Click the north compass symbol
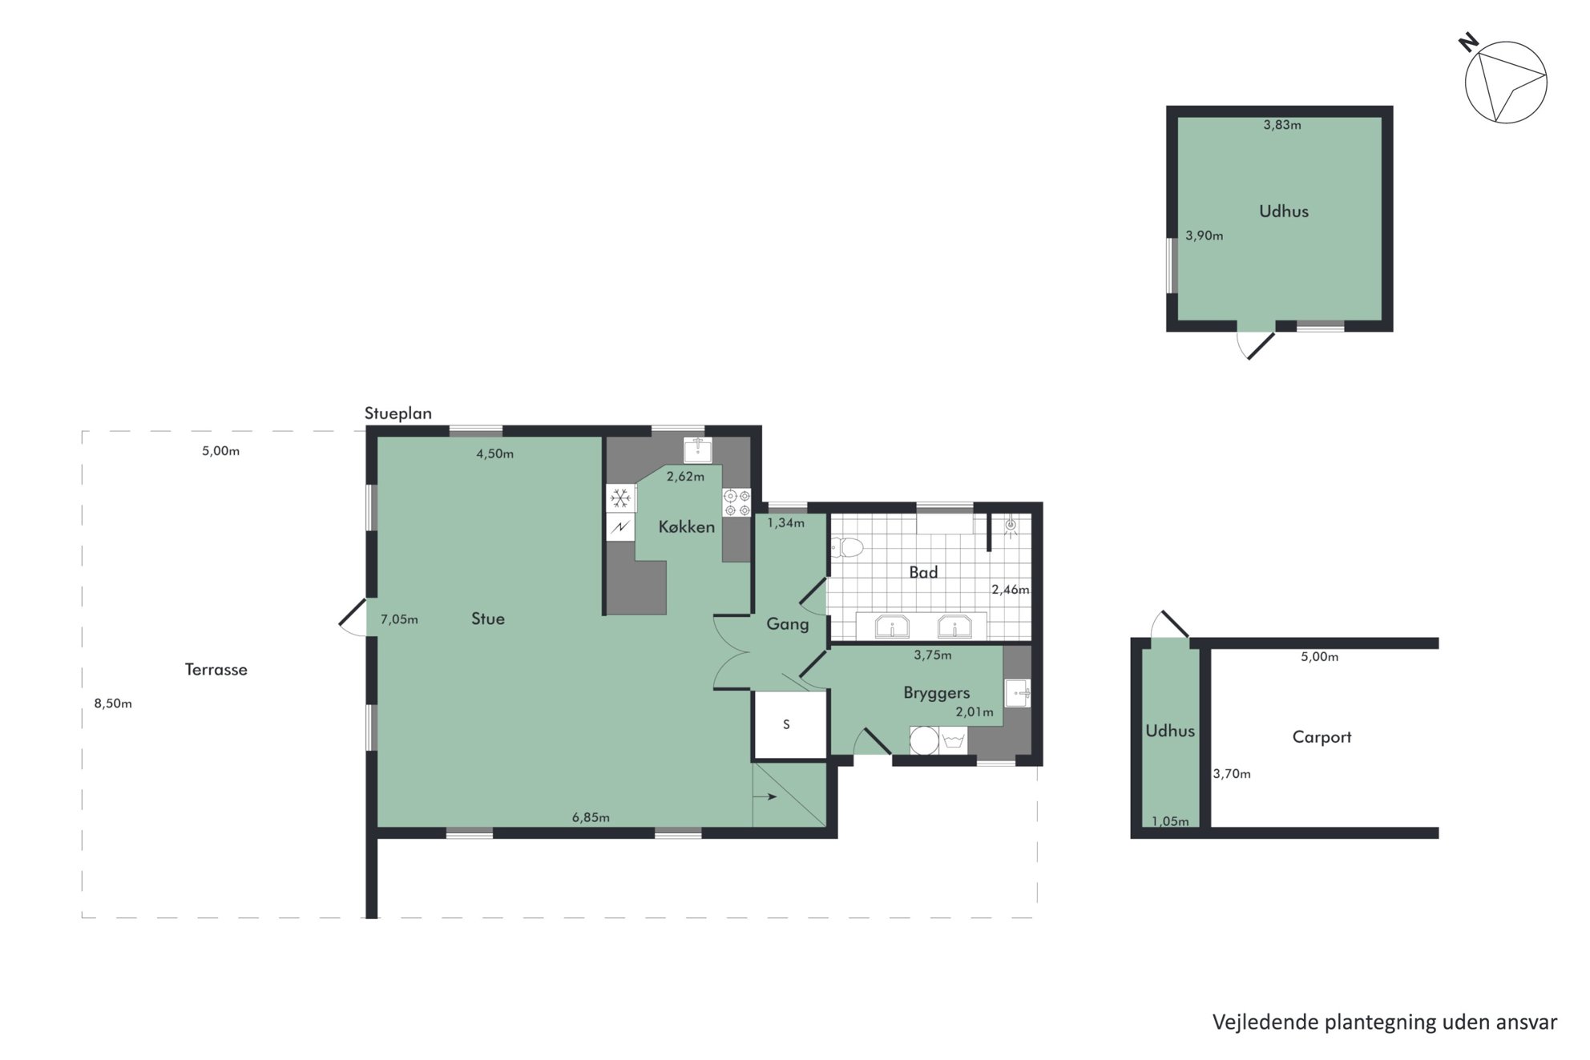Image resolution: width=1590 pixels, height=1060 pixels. (x=1504, y=81)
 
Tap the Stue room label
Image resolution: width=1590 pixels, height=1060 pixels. (x=487, y=619)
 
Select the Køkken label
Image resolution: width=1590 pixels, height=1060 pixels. (x=686, y=526)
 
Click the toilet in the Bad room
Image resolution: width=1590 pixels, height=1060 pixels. (x=846, y=547)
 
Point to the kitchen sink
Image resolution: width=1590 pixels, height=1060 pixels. (x=697, y=449)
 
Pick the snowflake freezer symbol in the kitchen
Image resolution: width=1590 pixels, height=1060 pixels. (x=620, y=498)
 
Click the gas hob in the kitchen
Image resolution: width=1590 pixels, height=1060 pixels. (x=736, y=502)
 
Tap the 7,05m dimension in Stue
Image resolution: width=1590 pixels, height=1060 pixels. (x=399, y=619)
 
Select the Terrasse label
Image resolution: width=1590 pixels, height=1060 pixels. (x=216, y=670)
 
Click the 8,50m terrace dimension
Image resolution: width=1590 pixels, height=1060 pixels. (x=113, y=703)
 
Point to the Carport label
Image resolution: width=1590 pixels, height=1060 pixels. (x=1322, y=737)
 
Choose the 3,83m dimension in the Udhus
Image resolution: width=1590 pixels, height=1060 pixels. (x=1282, y=124)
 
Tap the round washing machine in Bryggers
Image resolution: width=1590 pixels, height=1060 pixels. (x=924, y=740)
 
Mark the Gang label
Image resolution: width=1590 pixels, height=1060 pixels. (x=787, y=624)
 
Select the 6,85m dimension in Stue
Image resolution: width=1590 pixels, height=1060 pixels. (x=591, y=817)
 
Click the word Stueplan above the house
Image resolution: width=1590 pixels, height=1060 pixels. (x=398, y=413)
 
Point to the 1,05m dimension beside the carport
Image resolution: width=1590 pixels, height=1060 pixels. (x=1170, y=821)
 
